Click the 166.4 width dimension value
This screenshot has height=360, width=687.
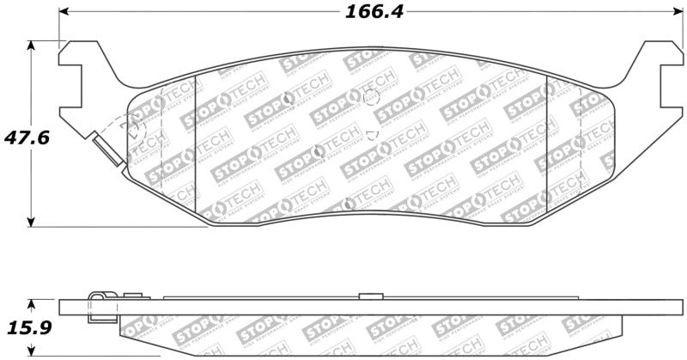point(374,11)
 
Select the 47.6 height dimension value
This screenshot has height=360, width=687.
point(23,136)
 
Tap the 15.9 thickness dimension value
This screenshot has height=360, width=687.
point(23,327)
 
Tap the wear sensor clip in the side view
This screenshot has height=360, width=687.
point(102,306)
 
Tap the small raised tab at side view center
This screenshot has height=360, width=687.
point(370,296)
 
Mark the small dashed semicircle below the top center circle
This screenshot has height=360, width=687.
point(371,134)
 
